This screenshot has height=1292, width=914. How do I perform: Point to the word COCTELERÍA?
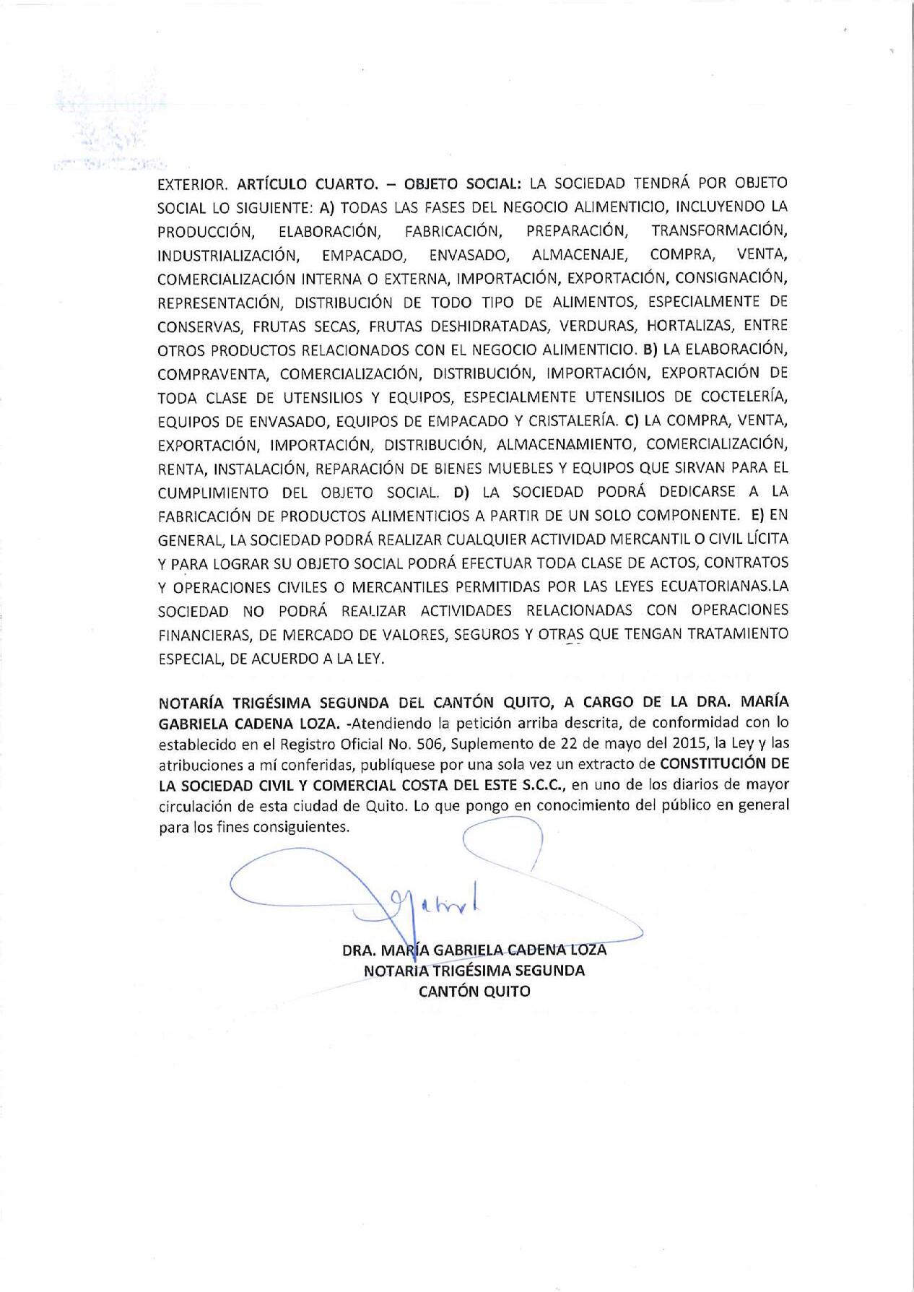[741, 397]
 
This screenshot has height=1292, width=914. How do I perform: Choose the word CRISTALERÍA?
[564, 420]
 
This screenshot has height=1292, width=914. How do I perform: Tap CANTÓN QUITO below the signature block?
[474, 992]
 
